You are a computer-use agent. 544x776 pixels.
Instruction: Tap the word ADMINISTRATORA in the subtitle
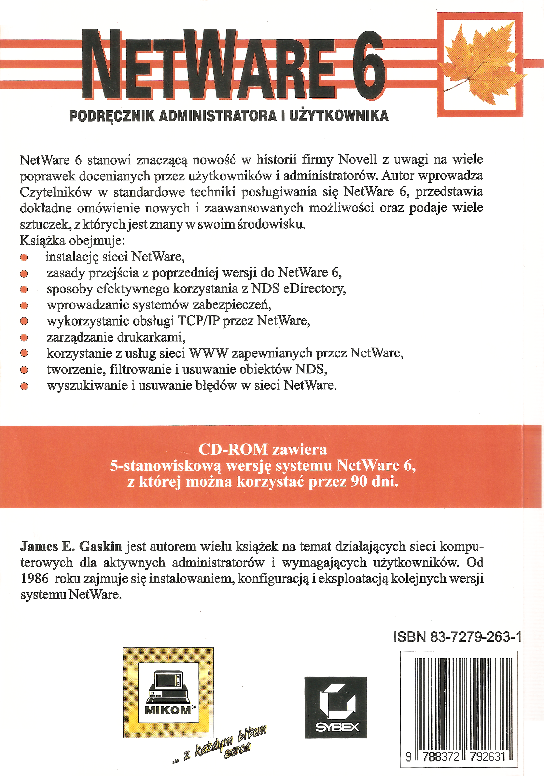point(217,116)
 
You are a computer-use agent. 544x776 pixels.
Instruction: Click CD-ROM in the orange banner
point(233,449)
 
